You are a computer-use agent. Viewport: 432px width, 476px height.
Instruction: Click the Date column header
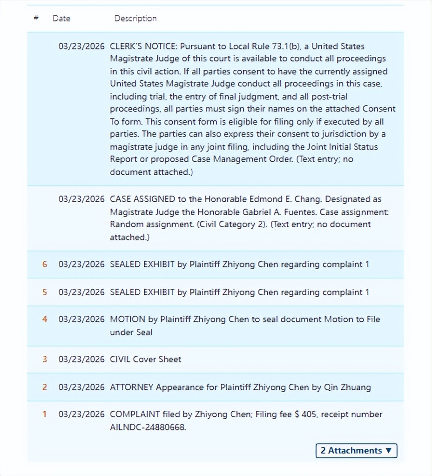click(x=61, y=18)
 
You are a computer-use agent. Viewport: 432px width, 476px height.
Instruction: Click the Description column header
click(x=135, y=18)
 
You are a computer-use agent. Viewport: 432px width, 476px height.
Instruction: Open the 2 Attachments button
click(x=356, y=450)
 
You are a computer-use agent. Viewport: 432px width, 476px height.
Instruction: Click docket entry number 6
click(x=45, y=264)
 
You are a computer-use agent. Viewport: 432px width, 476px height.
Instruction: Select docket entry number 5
click(x=45, y=292)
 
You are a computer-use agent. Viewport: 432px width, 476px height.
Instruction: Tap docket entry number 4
click(x=45, y=319)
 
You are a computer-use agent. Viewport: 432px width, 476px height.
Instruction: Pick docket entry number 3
click(x=45, y=359)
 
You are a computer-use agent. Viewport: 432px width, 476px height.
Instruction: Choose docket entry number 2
click(x=45, y=387)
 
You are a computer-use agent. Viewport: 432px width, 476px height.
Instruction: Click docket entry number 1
click(x=45, y=414)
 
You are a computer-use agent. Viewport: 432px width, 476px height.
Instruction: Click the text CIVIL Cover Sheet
click(x=145, y=359)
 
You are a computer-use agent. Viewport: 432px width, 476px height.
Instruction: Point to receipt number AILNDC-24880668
click(x=148, y=427)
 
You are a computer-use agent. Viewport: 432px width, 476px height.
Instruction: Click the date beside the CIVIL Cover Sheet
click(x=81, y=359)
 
